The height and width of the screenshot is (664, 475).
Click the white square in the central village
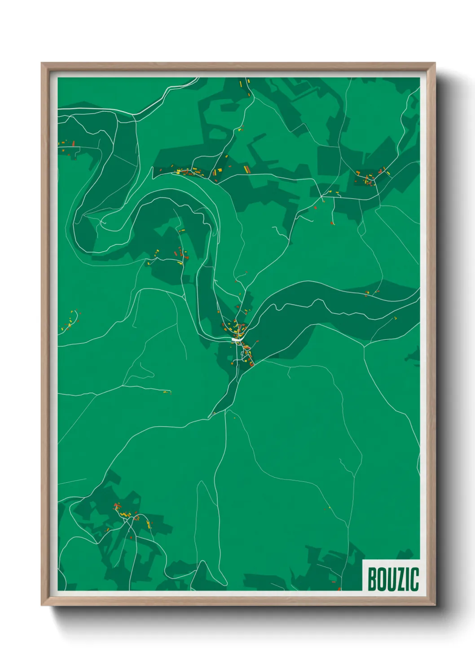(235, 340)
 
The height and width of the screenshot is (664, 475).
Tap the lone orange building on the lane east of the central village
(258, 341)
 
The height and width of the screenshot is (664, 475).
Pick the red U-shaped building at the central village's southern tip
(252, 364)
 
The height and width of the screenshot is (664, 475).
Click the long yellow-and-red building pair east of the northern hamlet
(246, 169)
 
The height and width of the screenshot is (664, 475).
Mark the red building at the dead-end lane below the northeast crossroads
(332, 223)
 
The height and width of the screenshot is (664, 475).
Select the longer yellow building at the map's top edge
(241, 83)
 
